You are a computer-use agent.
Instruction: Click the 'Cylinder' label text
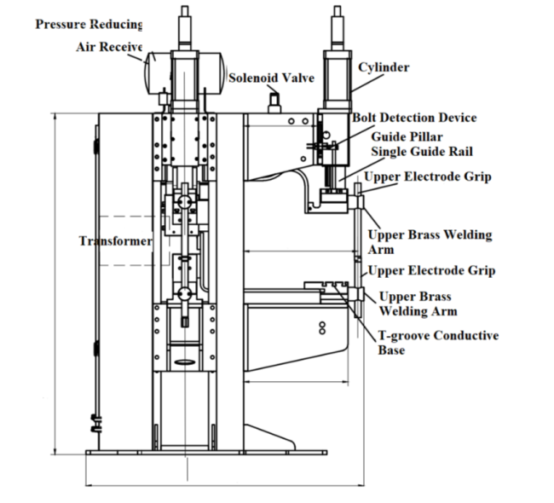tap(384, 67)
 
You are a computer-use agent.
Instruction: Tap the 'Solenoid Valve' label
tap(271, 78)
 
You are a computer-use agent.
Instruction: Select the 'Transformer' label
tap(116, 240)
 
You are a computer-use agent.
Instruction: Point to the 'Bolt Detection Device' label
tap(414, 118)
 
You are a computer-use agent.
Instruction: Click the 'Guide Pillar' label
tap(407, 136)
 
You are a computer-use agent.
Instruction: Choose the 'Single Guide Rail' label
tap(422, 152)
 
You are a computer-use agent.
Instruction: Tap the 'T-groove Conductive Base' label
tap(438, 343)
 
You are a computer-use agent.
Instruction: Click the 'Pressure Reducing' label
tap(89, 25)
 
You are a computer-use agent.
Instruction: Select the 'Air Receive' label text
tap(109, 47)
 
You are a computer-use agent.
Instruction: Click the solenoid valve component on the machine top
tap(274, 102)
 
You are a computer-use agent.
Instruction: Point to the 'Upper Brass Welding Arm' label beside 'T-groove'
tap(418, 304)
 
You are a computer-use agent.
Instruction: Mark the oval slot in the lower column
tap(185, 362)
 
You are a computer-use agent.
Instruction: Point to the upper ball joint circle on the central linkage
tap(184, 202)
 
